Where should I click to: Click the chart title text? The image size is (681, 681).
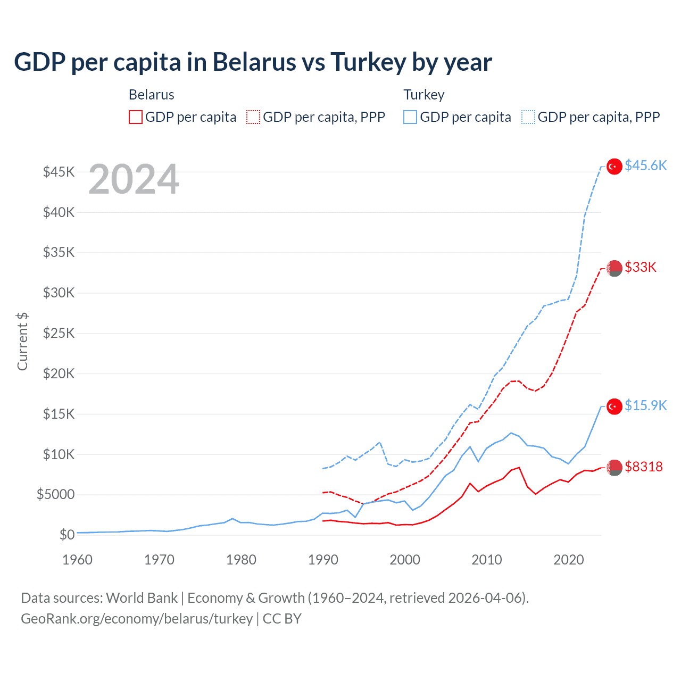click(253, 62)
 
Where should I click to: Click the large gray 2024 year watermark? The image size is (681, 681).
click(134, 180)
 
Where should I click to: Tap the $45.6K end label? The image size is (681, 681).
click(645, 166)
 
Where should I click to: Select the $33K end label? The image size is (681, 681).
click(641, 267)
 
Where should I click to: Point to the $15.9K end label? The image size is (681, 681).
click(645, 406)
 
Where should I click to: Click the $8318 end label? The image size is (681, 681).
click(644, 467)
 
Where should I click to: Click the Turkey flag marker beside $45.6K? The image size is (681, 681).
click(614, 167)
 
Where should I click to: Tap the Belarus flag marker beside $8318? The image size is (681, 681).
click(614, 468)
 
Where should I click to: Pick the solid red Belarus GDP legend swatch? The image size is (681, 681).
click(136, 117)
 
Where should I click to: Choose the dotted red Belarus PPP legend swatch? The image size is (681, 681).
click(253, 117)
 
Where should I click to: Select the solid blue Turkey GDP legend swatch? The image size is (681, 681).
click(410, 117)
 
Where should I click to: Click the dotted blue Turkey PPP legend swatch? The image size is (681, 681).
click(528, 117)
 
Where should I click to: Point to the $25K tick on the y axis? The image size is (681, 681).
click(59, 334)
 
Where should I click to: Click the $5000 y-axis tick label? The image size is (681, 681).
click(55, 495)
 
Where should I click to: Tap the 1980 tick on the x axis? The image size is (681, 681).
click(241, 560)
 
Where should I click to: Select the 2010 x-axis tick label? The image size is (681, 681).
click(487, 560)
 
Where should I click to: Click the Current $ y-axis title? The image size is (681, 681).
click(22, 342)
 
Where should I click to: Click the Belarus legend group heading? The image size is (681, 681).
click(152, 95)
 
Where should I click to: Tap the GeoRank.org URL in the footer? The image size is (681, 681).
click(137, 619)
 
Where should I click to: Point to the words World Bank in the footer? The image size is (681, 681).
click(142, 599)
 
